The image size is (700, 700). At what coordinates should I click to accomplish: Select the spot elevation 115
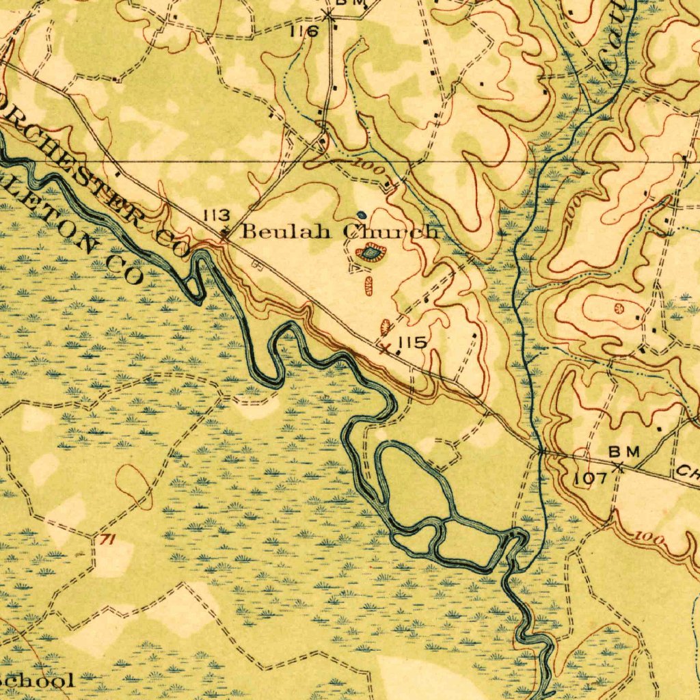(414, 342)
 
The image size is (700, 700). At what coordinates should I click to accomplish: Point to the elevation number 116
(304, 31)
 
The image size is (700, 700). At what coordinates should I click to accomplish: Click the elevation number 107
(590, 478)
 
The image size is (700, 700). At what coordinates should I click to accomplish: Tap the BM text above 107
(623, 452)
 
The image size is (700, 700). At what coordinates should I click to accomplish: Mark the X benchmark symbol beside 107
(618, 468)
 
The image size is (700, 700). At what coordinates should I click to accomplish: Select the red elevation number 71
(106, 540)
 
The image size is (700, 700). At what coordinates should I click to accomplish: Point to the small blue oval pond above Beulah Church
(362, 214)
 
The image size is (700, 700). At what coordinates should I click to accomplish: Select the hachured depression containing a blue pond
(371, 254)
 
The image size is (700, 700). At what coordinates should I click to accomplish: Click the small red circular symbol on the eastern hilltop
(619, 309)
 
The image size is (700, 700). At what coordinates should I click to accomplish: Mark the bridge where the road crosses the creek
(541, 451)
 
